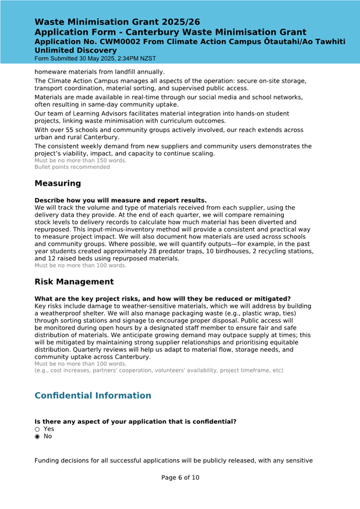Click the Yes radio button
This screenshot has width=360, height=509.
pos(37,429)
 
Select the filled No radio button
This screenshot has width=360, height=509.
pos(37,436)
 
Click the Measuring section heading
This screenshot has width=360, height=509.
pos(58,183)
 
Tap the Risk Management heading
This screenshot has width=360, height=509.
pos(74,281)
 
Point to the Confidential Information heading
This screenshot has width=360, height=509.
pos(93,395)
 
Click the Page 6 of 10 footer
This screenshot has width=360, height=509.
pos(180,478)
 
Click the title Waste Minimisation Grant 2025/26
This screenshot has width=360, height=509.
pos(117,22)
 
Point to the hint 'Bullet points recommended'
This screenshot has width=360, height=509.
pos(72,167)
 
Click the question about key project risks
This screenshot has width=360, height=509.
pos(162,298)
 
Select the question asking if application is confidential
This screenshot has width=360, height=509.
pos(135,422)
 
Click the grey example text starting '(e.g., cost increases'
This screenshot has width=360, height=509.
pos(158,370)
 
